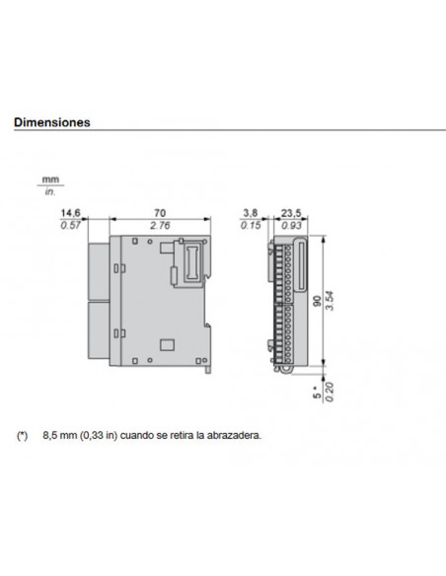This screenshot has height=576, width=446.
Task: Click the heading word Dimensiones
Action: click(x=51, y=124)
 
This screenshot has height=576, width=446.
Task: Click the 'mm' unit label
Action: click(x=50, y=178)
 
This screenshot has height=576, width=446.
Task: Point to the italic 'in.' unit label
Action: click(x=50, y=189)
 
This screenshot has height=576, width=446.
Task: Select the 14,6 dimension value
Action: click(x=70, y=213)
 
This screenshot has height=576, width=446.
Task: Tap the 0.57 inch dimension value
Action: click(x=70, y=227)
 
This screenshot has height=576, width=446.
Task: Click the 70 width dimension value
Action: click(x=161, y=213)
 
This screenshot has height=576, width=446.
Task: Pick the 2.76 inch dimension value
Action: click(x=161, y=227)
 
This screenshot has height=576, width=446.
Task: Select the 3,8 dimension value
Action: click(x=252, y=213)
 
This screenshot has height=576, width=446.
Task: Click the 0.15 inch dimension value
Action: click(x=252, y=227)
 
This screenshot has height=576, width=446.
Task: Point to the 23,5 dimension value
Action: click(x=291, y=213)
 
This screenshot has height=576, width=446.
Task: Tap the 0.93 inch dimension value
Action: click(x=291, y=227)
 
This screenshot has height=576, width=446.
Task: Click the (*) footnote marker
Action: click(x=23, y=434)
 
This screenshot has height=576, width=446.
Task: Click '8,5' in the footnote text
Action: click(x=51, y=434)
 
